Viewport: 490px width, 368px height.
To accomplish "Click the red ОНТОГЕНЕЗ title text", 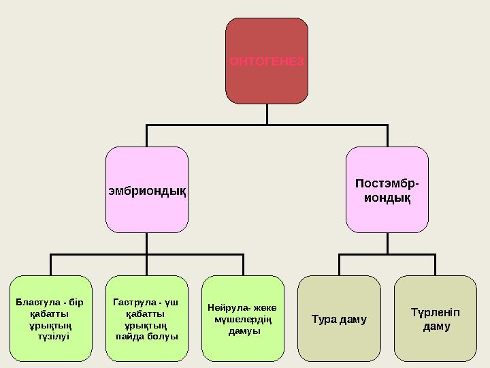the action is [267, 61].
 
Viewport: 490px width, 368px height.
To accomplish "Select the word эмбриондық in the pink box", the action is [147, 191].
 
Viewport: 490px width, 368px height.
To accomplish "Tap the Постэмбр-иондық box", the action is [387, 189].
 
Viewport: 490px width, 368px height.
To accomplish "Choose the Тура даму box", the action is [339, 318].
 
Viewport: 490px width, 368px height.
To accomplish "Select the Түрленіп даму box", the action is [436, 318].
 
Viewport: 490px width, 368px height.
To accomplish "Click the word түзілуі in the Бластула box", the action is [54, 337].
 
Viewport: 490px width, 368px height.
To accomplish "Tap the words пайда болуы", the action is [147, 337].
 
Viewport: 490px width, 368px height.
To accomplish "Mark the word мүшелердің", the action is [243, 320].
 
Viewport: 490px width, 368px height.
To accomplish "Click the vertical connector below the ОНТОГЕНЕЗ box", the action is [267, 114].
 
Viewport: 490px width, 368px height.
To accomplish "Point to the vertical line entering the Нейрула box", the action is [243, 265].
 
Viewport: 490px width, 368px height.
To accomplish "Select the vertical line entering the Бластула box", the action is [50, 265].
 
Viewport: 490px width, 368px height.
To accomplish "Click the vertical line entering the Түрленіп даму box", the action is [436, 265].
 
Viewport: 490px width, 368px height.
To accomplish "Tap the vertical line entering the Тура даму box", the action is [339, 265].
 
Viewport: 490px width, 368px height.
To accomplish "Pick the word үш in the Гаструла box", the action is [171, 303].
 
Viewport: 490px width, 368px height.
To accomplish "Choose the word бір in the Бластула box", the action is [76, 303].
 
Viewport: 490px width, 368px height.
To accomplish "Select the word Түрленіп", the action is [436, 313].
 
